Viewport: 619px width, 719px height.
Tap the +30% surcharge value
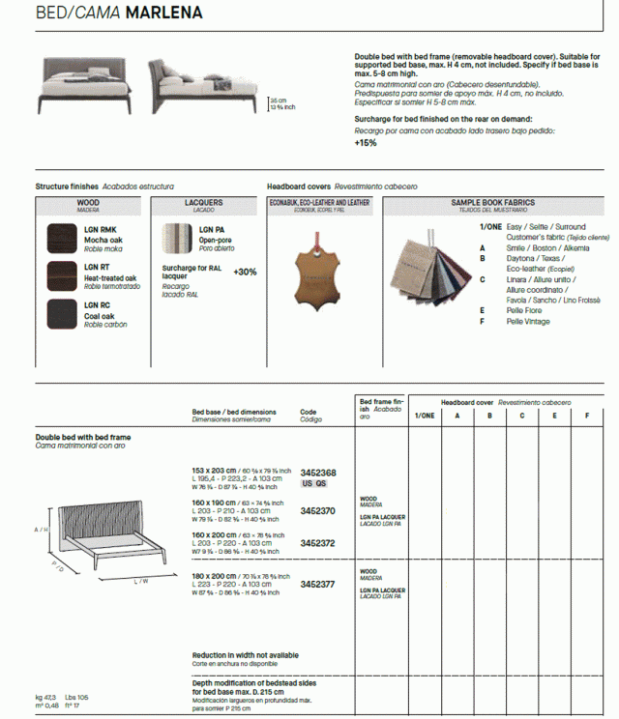click(x=245, y=273)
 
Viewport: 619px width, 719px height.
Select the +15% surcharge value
click(x=366, y=142)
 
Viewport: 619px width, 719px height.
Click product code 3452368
click(x=318, y=473)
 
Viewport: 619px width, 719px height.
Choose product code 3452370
click(x=318, y=510)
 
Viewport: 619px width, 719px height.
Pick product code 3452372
click(x=318, y=543)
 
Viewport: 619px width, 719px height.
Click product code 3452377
click(x=318, y=584)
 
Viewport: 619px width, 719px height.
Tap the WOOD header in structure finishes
click(x=88, y=204)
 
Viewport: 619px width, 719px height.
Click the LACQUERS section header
click(x=203, y=204)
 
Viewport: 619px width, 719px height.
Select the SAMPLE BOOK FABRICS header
click(x=493, y=204)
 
